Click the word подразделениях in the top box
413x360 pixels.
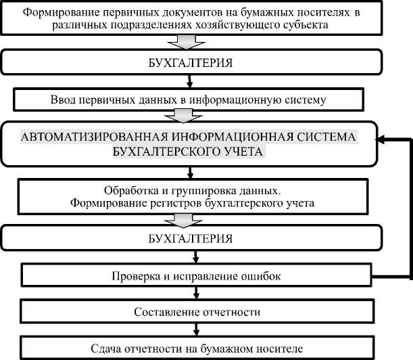coord(176,26)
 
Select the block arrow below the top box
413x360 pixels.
coord(191,42)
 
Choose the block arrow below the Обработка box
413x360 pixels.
coord(191,219)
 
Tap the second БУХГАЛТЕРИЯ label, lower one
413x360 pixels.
coord(191,240)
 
